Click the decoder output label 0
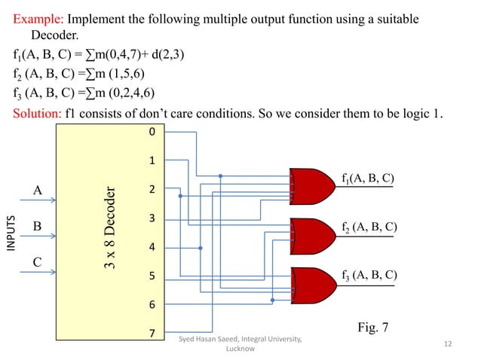(x=151, y=132)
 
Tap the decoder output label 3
(x=151, y=218)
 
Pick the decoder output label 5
(x=151, y=276)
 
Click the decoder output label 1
(x=151, y=161)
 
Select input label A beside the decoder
(x=37, y=190)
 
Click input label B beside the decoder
(x=37, y=225)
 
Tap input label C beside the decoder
(x=37, y=263)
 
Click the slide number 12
(x=448, y=344)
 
